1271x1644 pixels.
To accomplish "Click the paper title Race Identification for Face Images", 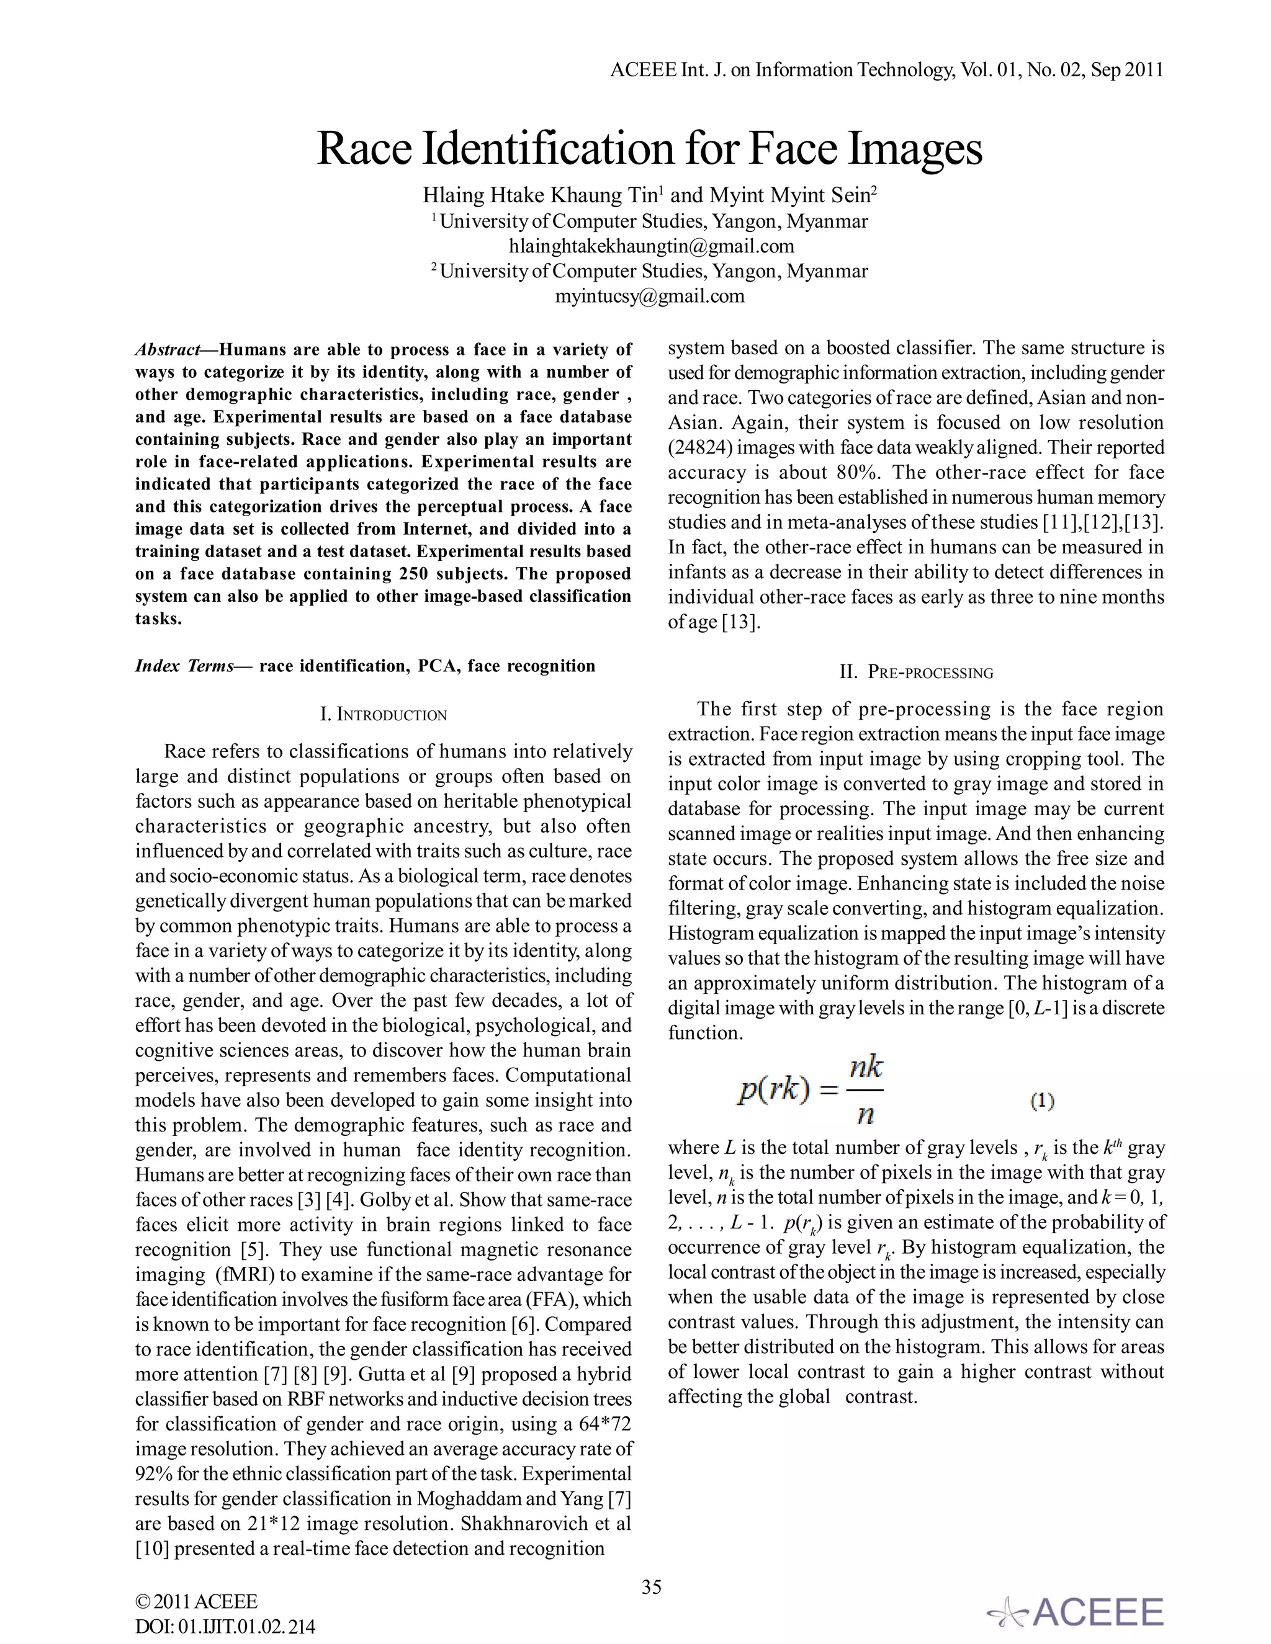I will [649, 148].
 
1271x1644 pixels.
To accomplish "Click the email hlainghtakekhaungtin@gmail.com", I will [651, 246].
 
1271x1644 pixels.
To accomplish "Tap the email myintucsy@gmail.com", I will [650, 296].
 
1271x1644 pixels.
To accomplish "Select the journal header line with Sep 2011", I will [886, 70].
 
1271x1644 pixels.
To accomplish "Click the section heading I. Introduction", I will [384, 714].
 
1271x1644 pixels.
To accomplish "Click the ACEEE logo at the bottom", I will [1077, 1612].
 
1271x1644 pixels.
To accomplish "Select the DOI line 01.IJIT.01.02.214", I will [225, 1627].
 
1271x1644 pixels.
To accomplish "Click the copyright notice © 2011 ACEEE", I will [195, 1601].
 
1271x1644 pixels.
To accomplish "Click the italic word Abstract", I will [167, 350].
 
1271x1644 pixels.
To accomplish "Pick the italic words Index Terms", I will [184, 666].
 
